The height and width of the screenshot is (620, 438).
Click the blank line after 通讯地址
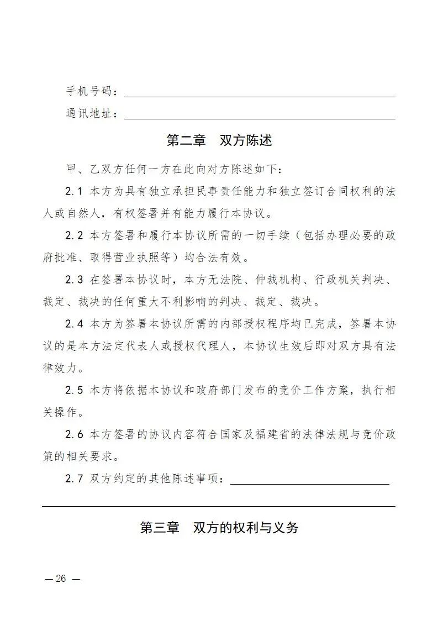tap(260, 118)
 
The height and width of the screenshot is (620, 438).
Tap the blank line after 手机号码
tap(260, 96)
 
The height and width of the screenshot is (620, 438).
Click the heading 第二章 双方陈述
tap(219, 140)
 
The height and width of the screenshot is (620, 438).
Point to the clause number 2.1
tap(73, 192)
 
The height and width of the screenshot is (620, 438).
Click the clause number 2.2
tap(73, 236)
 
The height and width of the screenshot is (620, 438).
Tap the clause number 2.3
tap(73, 280)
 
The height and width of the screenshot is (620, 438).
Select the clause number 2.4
tap(73, 324)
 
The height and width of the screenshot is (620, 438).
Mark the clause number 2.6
tap(73, 435)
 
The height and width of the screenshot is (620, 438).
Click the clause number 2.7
tap(73, 479)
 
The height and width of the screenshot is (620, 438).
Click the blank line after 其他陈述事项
tap(309, 483)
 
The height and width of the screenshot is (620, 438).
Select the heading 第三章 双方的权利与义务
tap(219, 528)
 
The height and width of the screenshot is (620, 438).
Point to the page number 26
tap(61, 579)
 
